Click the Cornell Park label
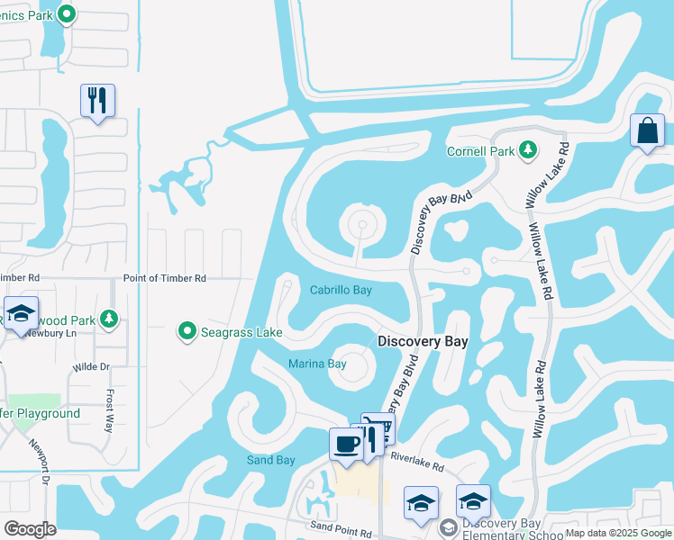(x=481, y=151)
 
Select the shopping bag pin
(x=647, y=131)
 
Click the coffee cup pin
(x=347, y=445)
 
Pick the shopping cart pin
(x=378, y=428)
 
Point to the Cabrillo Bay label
(x=341, y=291)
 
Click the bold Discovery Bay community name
(x=423, y=342)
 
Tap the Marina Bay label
(x=317, y=364)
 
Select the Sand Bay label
(x=271, y=461)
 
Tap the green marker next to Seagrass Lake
(x=187, y=332)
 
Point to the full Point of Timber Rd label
(x=165, y=279)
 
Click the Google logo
(x=30, y=529)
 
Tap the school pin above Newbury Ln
(x=22, y=313)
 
